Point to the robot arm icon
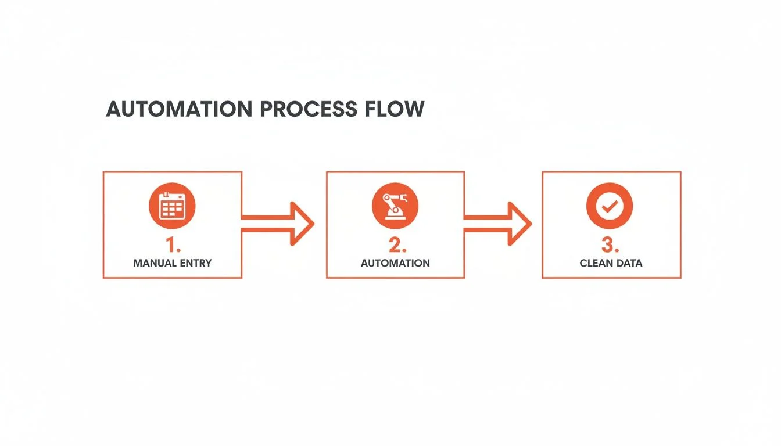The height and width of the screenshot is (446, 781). point(395,206)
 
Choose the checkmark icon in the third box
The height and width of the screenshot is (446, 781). point(610,206)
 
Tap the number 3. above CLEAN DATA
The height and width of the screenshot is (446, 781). point(611,244)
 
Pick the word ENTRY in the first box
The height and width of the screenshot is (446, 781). point(195,263)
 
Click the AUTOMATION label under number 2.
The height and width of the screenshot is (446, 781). point(395,263)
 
